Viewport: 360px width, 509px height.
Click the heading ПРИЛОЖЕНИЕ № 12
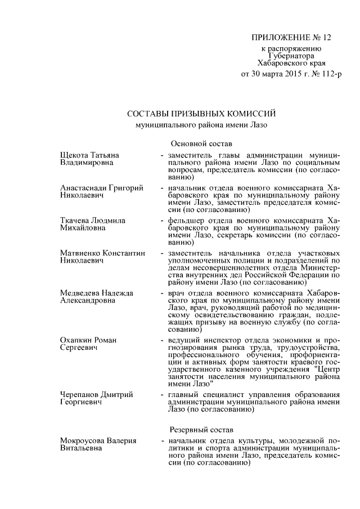pos(291,38)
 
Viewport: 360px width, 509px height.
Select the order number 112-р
pos(328,74)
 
